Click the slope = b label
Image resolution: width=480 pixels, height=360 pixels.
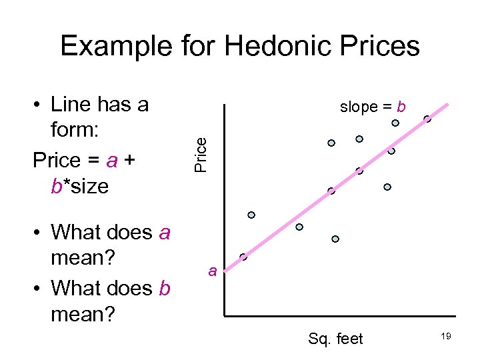pyautogui.click(x=373, y=107)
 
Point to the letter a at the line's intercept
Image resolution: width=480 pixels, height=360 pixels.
pyautogui.click(x=212, y=271)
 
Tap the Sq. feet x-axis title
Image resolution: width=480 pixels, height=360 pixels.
pyautogui.click(x=335, y=339)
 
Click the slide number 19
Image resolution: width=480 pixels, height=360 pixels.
pyautogui.click(x=446, y=337)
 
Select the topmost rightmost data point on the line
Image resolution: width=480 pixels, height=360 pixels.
pyautogui.click(x=427, y=119)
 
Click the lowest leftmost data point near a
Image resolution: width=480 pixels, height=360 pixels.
pyautogui.click(x=243, y=257)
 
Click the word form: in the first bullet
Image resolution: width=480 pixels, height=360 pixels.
pyautogui.click(x=75, y=131)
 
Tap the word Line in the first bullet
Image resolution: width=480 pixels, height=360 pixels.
pyautogui.click(x=72, y=104)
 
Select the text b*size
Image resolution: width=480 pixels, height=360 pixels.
pyautogui.click(x=79, y=186)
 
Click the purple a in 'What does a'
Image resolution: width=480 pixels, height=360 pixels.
pyautogui.click(x=165, y=233)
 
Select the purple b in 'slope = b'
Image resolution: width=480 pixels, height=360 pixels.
pyautogui.click(x=401, y=107)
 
